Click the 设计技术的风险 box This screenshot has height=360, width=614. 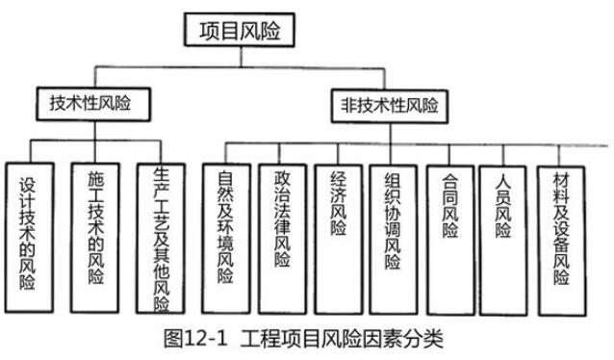pos(28,237)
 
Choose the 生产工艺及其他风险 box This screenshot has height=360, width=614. pos(160,237)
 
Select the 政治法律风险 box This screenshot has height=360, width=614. pos(282,237)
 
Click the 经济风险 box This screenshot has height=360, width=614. pos(337,237)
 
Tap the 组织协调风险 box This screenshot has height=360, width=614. pos(392,237)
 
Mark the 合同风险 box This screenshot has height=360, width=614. pos(448,237)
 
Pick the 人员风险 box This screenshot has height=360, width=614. pos(503,237)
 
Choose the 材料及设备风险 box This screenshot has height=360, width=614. pos(561,237)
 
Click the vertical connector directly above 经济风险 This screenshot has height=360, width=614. pos(337,153)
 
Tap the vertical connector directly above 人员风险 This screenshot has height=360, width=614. pos(503,153)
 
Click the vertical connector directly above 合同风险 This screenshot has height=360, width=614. pos(448,153)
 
